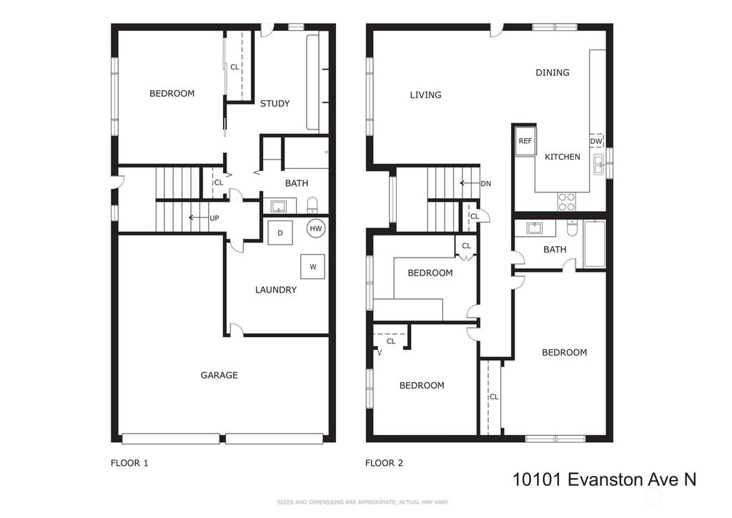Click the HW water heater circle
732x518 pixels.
316,228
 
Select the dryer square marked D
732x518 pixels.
280,233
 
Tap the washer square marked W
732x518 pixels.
312,266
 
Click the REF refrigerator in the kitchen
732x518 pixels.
525,140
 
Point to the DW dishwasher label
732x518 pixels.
596,141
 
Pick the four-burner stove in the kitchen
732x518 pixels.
567,201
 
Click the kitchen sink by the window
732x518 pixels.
598,165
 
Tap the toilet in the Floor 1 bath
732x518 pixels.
312,205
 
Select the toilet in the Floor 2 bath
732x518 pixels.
571,228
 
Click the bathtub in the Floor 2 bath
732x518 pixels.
595,244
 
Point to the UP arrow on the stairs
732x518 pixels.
198,218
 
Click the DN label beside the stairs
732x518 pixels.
486,184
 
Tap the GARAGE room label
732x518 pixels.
219,375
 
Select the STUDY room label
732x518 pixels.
275,104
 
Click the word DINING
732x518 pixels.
553,72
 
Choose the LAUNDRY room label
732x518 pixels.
276,290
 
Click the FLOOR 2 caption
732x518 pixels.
384,463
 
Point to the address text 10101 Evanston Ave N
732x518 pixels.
605,479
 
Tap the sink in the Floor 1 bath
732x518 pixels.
280,205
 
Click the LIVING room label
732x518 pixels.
425,95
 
